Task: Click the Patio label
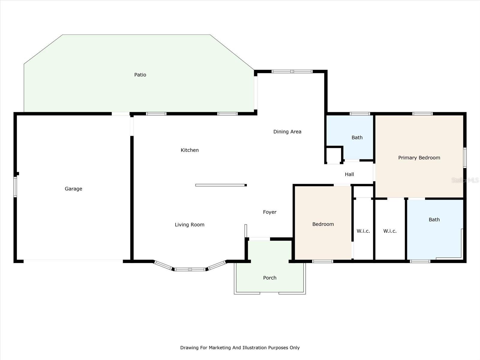[x=140, y=75]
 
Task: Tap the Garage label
[x=73, y=189]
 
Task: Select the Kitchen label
[x=190, y=150]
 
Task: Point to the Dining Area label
[x=287, y=132]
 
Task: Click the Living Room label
[x=190, y=225]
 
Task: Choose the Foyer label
[x=270, y=212]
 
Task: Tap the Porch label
[x=270, y=278]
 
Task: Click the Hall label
[x=349, y=174]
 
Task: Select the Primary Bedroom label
[x=419, y=158]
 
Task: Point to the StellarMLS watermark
[x=465, y=180]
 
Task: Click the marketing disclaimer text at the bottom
[x=240, y=347]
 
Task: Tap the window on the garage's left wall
[x=15, y=187]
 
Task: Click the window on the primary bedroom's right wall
[x=465, y=158]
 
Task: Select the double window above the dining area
[x=292, y=71]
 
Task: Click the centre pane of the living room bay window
[x=190, y=269]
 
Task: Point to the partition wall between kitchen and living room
[x=221, y=185]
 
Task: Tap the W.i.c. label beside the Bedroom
[x=363, y=231]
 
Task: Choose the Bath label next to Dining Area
[x=357, y=137]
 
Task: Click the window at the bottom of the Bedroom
[x=322, y=261]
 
